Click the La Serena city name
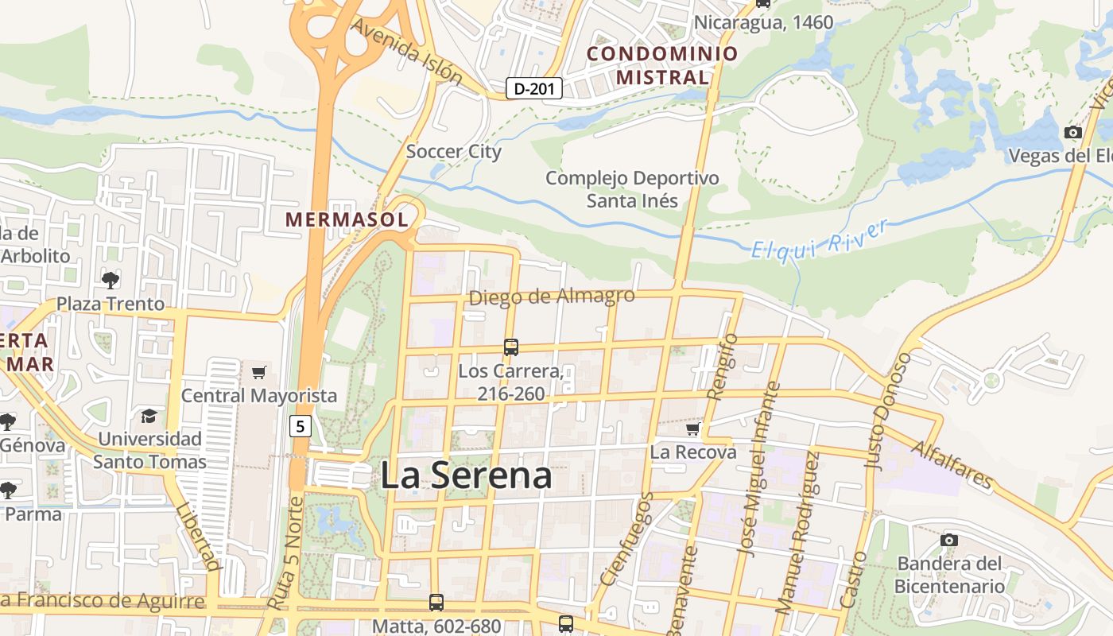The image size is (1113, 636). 466,475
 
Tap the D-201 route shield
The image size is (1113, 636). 534,88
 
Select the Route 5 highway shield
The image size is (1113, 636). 299,426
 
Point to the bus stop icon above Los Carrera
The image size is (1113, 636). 511,347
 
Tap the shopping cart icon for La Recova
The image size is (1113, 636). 693,429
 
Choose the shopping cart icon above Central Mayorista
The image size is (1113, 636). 258,372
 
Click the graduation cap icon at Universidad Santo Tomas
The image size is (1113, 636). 149,416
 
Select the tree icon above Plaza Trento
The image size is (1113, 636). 111,279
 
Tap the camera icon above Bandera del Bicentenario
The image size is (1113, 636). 948,541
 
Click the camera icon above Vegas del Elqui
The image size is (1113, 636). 1073,132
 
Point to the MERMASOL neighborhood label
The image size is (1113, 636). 347,219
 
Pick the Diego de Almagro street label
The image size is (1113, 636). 552,297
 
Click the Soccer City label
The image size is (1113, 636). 453,151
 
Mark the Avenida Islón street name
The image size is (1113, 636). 406,51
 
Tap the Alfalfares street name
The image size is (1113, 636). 952,465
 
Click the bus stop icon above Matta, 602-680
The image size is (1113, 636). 436,603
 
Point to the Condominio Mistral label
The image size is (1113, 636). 662,65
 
